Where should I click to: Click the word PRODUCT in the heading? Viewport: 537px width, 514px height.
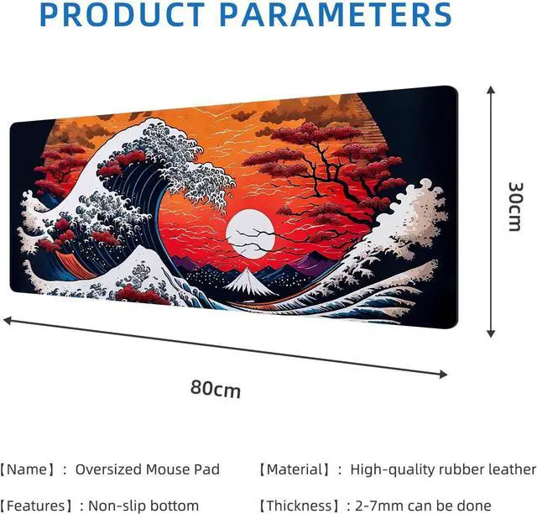click(123, 14)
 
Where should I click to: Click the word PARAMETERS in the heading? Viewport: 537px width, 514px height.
click(336, 14)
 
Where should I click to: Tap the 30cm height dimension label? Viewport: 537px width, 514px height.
click(516, 207)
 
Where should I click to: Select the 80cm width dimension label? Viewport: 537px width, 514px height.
click(216, 389)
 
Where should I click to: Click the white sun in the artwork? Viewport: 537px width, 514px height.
click(250, 233)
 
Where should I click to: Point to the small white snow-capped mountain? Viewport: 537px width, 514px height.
click(249, 282)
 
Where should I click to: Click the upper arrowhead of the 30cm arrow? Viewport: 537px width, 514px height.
click(491, 90)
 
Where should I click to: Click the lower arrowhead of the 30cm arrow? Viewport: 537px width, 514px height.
click(491, 333)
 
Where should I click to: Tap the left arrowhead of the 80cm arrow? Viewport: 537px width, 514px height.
click(8, 321)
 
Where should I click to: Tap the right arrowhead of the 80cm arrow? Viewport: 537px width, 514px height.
click(443, 374)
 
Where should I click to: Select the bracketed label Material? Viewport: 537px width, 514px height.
click(295, 469)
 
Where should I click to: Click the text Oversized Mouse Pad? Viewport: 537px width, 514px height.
click(148, 469)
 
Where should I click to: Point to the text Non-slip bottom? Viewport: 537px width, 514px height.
click(143, 506)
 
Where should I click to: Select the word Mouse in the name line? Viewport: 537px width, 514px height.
click(169, 469)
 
